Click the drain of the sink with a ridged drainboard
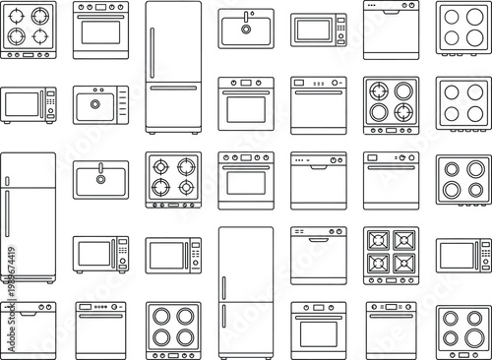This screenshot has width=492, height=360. [x=94, y=102]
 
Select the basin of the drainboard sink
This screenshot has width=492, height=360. [x=94, y=102]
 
